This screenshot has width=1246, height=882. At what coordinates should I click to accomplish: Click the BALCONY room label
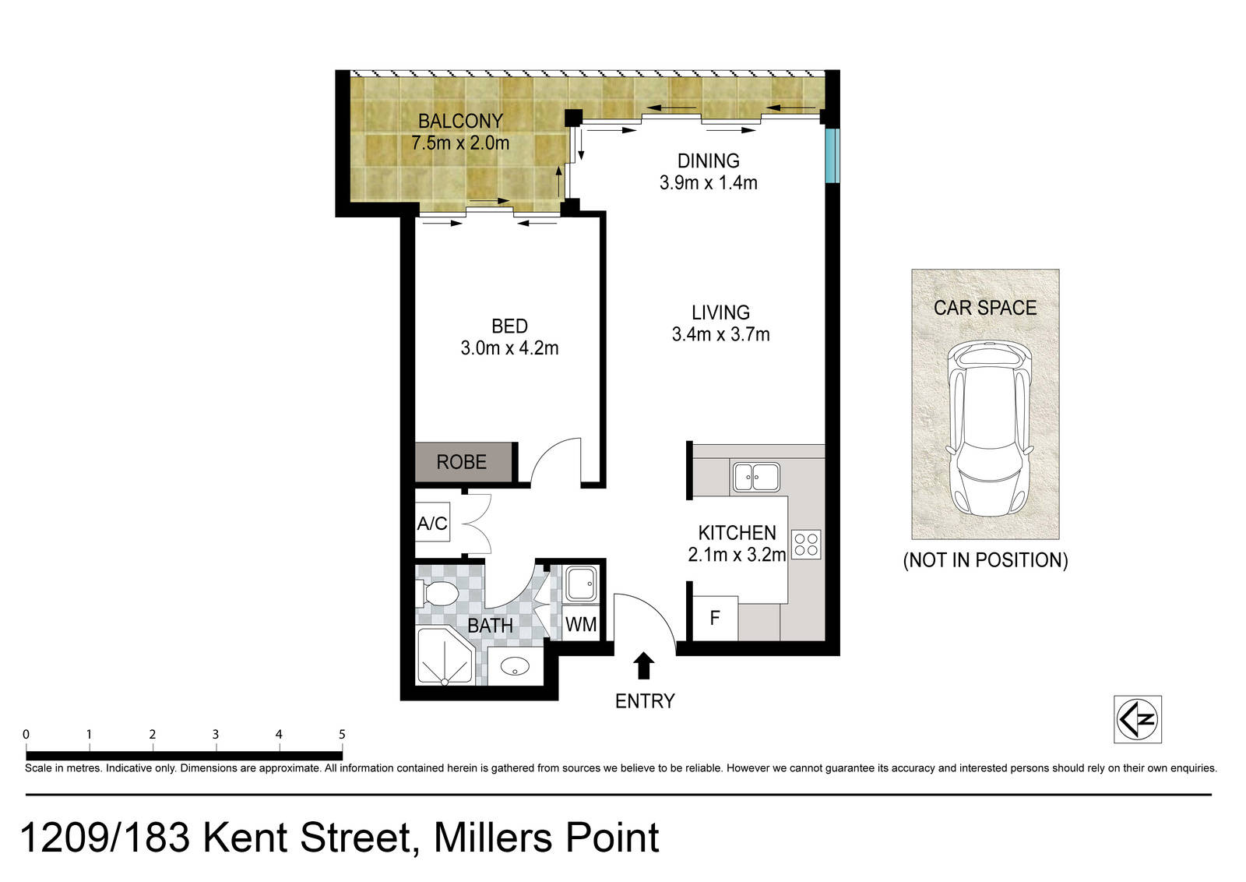[x=460, y=121]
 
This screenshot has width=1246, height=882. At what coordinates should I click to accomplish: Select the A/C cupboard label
[x=432, y=523]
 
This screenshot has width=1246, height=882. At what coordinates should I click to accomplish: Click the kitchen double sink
[x=756, y=477]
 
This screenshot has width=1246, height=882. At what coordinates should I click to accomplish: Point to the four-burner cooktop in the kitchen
[x=806, y=544]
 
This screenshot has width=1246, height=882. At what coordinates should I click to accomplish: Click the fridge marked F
[x=716, y=618]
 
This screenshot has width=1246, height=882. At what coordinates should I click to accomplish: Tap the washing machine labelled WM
[x=581, y=624]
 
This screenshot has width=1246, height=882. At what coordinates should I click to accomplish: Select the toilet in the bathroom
[x=438, y=594]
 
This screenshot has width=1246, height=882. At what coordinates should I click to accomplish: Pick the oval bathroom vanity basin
[x=516, y=665]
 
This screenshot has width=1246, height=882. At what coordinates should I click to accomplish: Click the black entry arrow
[x=644, y=665]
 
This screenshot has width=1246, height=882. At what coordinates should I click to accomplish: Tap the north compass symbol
[x=1138, y=719]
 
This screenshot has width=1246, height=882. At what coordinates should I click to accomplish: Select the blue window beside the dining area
[x=832, y=156]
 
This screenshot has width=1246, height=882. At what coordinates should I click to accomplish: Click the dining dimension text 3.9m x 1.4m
[x=708, y=182]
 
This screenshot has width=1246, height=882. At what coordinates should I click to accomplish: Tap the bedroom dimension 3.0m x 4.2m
[x=509, y=348]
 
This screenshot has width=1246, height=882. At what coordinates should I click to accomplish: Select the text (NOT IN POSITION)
[x=985, y=559]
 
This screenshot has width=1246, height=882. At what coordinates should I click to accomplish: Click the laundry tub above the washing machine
[x=582, y=584]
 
